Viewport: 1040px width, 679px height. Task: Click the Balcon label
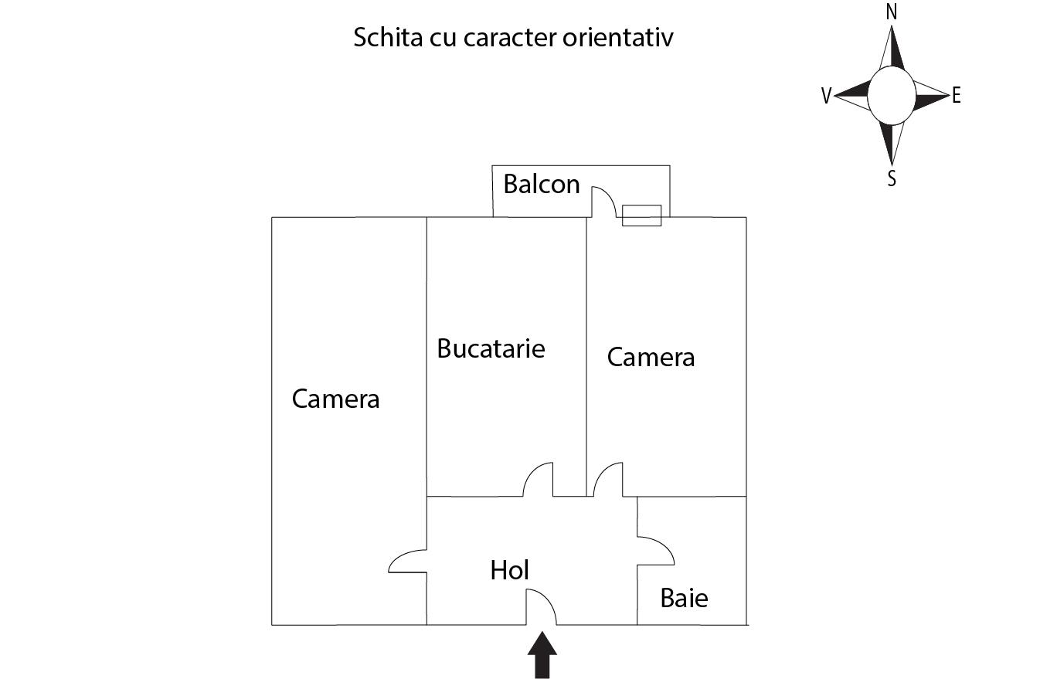pyautogui.click(x=541, y=185)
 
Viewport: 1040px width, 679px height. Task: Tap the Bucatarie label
pyautogui.click(x=491, y=348)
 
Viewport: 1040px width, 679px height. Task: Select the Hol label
pyautogui.click(x=509, y=570)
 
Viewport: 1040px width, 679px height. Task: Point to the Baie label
pyautogui.click(x=684, y=598)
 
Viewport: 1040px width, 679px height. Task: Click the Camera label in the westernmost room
pyautogui.click(x=335, y=399)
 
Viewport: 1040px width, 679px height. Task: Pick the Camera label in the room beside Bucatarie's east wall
pyautogui.click(x=651, y=357)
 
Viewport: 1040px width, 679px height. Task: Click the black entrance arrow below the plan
pyautogui.click(x=542, y=655)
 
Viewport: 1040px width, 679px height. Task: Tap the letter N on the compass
pyautogui.click(x=892, y=12)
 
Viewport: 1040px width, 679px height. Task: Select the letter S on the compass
pyautogui.click(x=892, y=178)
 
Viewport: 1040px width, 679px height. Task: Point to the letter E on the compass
pyautogui.click(x=957, y=96)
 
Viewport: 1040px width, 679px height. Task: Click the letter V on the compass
pyautogui.click(x=827, y=96)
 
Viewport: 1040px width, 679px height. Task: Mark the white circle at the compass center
pyautogui.click(x=892, y=95)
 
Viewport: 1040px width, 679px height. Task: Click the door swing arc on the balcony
pyautogui.click(x=604, y=201)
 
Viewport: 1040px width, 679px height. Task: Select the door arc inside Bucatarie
pyautogui.click(x=538, y=479)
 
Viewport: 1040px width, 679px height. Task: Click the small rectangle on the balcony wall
pyautogui.click(x=641, y=216)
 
